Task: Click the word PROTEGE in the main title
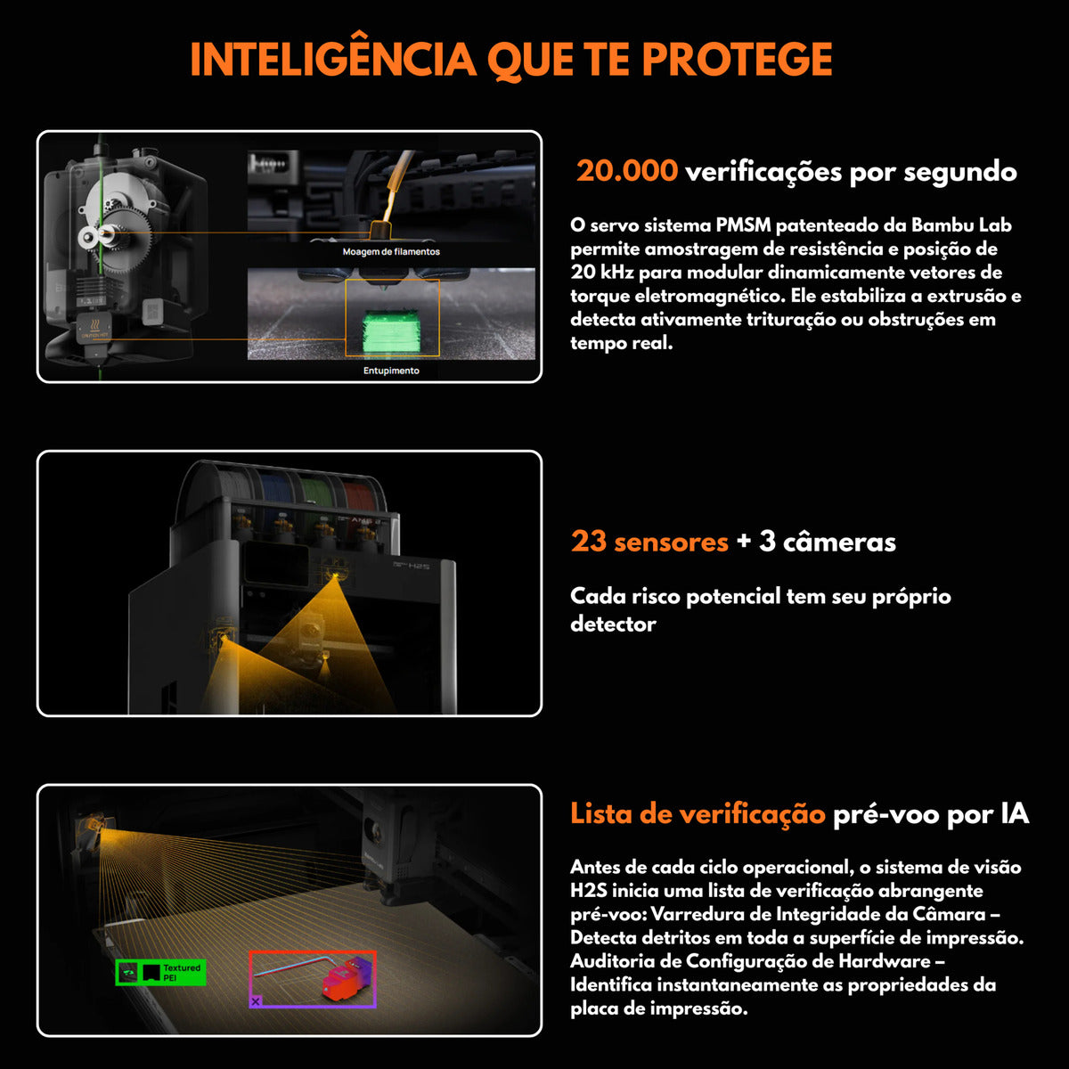pyautogui.click(x=737, y=59)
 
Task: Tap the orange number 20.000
pyautogui.click(x=626, y=170)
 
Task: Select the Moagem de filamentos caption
pyautogui.click(x=391, y=252)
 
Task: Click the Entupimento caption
pyautogui.click(x=391, y=371)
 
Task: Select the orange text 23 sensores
pyautogui.click(x=649, y=542)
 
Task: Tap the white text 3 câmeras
pyautogui.click(x=828, y=542)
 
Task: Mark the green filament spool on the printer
pyautogui.click(x=317, y=494)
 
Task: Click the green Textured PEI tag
pyautogui.click(x=161, y=973)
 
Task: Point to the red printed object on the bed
pyautogui.click(x=341, y=981)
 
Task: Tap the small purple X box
pyautogui.click(x=256, y=1001)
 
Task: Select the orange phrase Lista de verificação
pyautogui.click(x=698, y=813)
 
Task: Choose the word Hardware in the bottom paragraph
pyautogui.click(x=883, y=961)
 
